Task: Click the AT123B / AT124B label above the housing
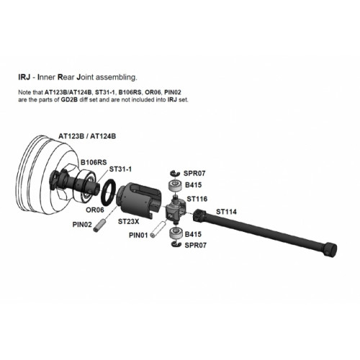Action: [87, 136]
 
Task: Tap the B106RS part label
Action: [94, 163]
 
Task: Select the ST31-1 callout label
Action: [120, 169]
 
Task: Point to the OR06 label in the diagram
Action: [95, 210]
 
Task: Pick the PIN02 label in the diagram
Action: [82, 225]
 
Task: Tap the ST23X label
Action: [128, 222]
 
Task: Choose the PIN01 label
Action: [138, 235]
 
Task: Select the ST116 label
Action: [197, 199]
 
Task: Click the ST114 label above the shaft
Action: [226, 212]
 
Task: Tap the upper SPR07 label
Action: [194, 174]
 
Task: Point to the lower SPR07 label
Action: [195, 246]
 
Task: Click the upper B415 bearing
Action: [176, 186]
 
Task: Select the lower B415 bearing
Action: [176, 233]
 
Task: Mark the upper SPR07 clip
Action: [176, 173]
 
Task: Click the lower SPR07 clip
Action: [177, 244]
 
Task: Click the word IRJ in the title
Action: [24, 77]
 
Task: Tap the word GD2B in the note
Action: [69, 99]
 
